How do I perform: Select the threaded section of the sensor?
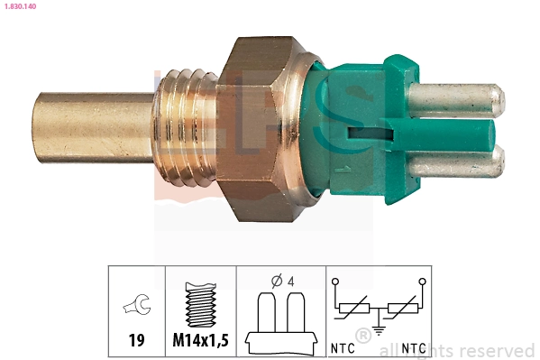click(186, 127)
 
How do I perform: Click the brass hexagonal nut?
click(266, 126)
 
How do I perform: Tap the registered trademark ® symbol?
click(363, 336)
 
